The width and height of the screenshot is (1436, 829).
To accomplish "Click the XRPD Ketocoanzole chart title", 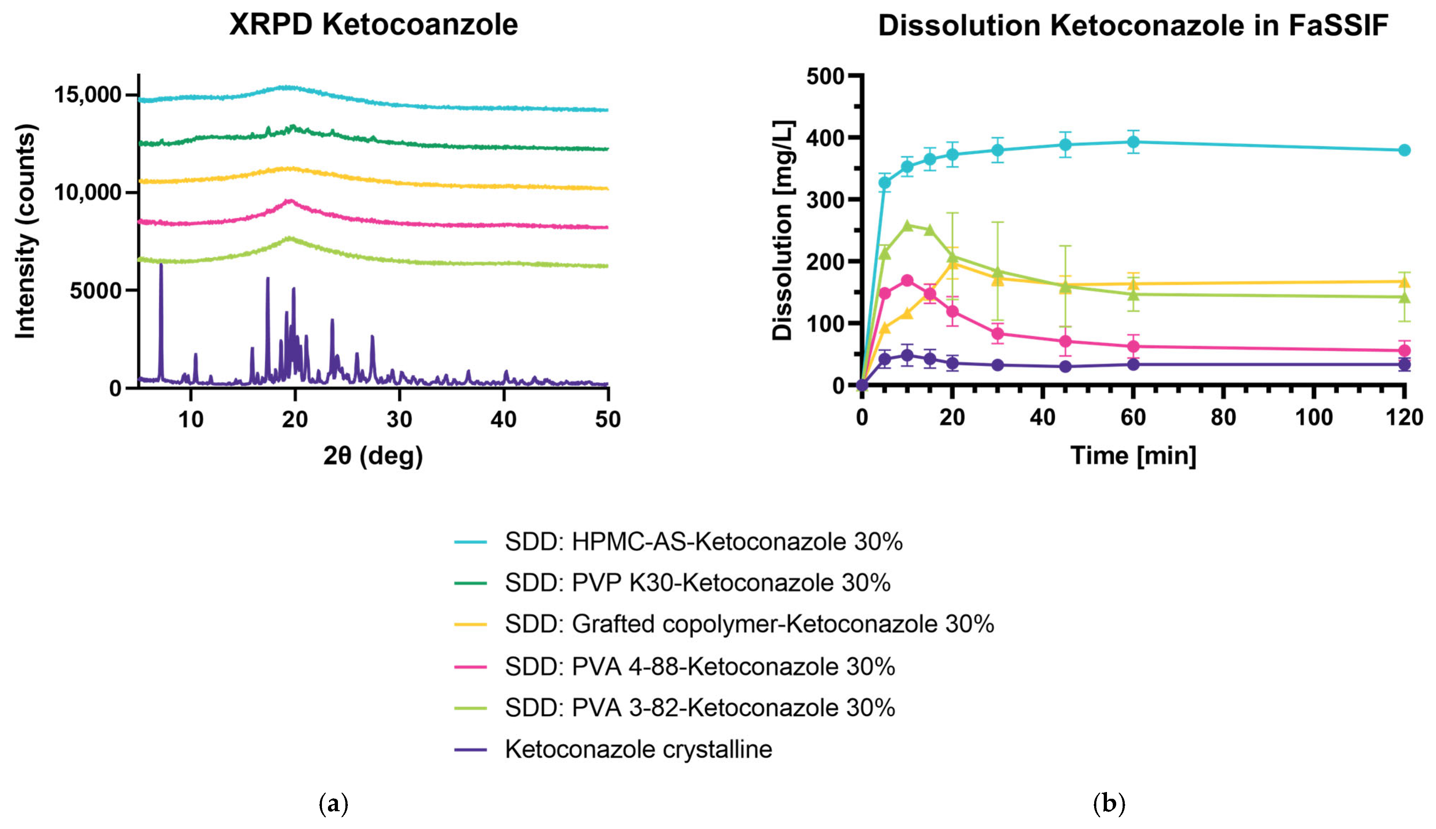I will coord(373,25).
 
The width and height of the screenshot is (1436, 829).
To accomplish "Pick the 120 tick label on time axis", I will coord(1404,417).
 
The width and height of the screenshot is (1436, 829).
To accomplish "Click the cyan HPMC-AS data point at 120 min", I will coord(1404,150).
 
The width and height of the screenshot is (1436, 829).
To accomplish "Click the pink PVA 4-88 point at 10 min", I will coord(907,281).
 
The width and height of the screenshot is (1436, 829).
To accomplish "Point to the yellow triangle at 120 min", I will coord(1404,282).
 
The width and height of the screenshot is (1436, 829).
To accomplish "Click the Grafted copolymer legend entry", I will coord(749,624).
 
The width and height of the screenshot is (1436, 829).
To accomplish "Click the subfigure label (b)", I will coord(1109,804).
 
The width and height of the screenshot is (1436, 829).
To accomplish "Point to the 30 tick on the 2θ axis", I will coord(399,419).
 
